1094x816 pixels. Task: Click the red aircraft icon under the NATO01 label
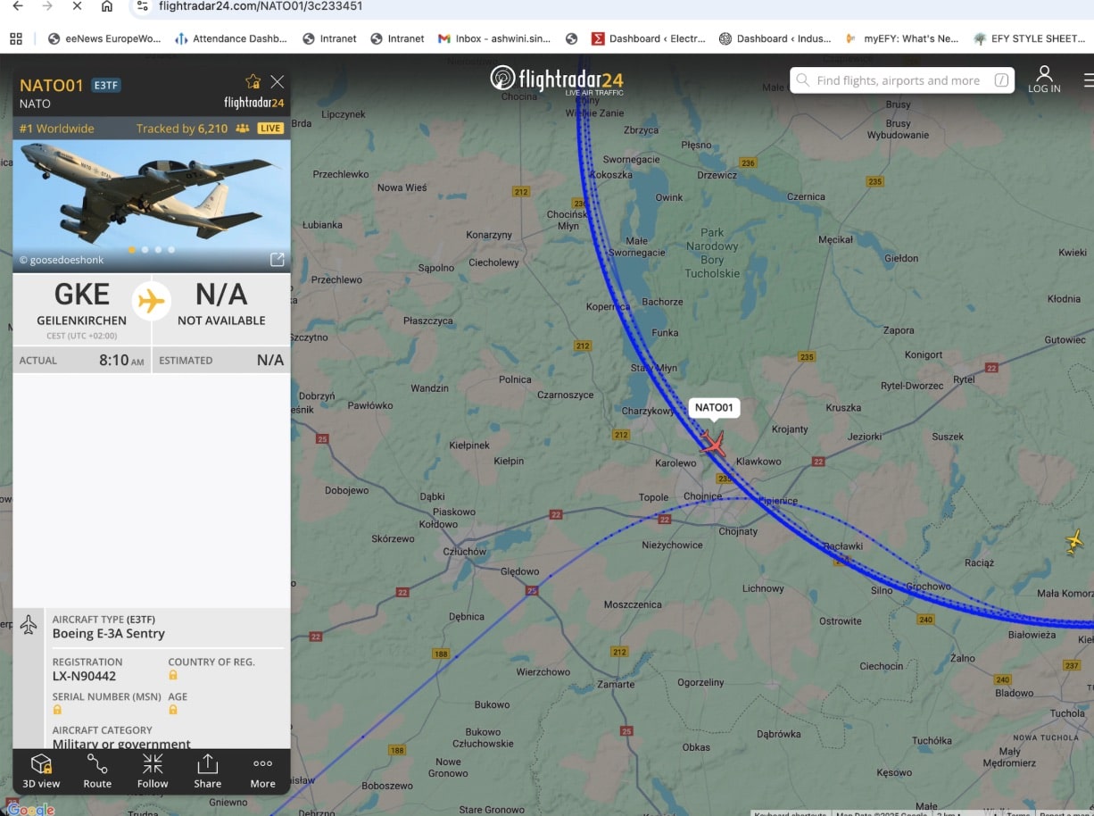713,443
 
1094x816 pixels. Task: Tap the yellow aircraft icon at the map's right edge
1075,541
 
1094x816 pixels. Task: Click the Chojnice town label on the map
702,496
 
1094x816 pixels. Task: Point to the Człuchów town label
465,552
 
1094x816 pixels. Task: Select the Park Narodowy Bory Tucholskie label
712,253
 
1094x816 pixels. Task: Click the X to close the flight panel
278,82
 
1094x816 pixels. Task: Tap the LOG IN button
1044,79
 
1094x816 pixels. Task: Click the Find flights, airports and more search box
901,80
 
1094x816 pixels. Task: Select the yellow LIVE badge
270,129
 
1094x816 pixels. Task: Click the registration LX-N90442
84,676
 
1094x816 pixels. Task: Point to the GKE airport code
81,296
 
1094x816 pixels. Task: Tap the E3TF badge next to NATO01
106,86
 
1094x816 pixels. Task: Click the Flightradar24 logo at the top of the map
557,79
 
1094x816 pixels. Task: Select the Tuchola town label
1067,713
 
